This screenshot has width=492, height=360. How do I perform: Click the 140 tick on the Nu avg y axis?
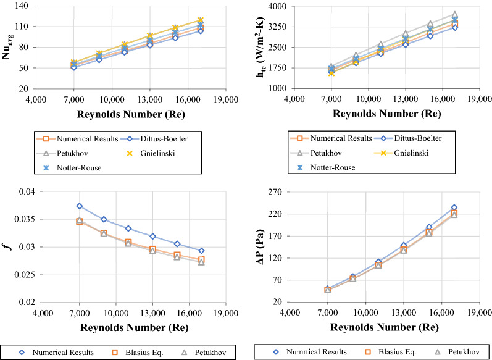point(23,6)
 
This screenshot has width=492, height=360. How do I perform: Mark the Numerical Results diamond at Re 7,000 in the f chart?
point(79,206)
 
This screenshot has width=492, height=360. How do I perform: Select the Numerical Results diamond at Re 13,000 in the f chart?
point(152,237)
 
